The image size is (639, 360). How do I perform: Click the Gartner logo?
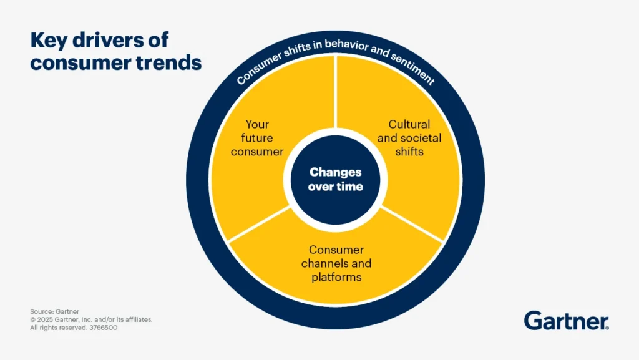566,321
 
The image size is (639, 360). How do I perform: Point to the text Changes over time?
335,179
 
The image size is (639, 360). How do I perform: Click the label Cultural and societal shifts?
409,137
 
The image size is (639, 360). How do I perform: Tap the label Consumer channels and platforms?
336,263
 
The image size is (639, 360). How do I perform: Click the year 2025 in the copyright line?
45,319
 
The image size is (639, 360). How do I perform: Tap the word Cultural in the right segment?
409,124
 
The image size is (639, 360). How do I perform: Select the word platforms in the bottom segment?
336,276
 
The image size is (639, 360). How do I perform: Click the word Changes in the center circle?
335,172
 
